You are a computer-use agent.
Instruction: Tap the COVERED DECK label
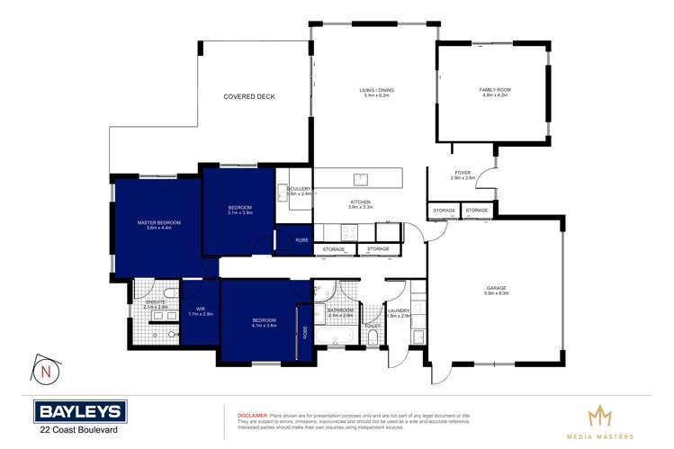point(249,96)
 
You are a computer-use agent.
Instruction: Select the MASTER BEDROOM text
point(158,222)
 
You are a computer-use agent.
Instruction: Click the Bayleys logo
point(80,412)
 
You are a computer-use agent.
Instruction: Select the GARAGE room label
point(497,287)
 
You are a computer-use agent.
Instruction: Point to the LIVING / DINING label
point(376,90)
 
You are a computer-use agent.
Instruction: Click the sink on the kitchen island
point(357,177)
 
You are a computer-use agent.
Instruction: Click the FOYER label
point(462,173)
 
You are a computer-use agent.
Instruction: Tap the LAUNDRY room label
point(399,310)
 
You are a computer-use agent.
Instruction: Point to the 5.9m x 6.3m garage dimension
point(497,293)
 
